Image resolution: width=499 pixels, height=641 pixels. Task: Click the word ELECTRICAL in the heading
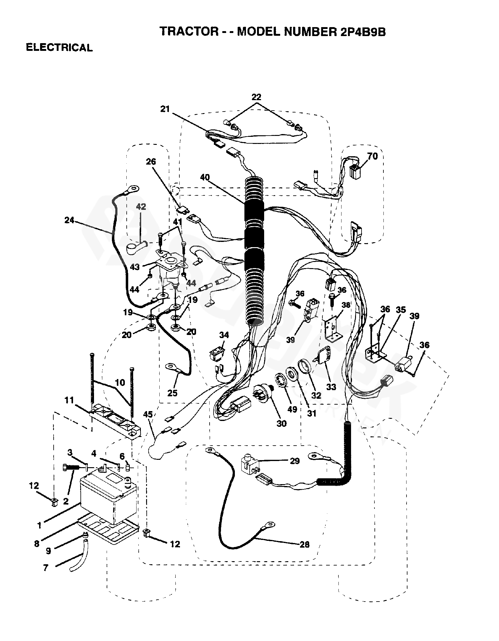[59, 47]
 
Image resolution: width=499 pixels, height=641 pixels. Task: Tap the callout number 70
[372, 156]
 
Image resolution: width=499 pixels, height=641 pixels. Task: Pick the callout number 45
[148, 414]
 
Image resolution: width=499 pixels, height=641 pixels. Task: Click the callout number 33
[331, 386]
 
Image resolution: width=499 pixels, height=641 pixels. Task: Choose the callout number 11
[69, 400]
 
